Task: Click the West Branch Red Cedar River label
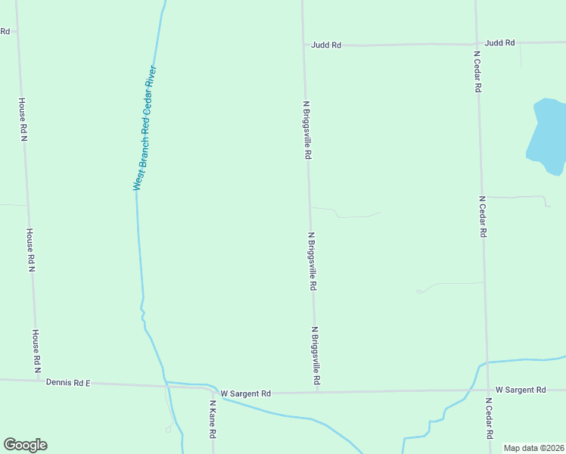145,128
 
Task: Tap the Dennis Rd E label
68,383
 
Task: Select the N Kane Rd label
213,419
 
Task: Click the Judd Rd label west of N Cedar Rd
326,45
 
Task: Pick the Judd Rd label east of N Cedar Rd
500,42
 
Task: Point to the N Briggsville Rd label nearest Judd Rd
306,130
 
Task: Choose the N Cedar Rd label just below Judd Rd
477,71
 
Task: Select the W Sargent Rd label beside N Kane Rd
246,393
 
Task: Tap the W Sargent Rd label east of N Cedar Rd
521,390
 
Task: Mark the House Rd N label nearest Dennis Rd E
36,351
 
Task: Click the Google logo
25,445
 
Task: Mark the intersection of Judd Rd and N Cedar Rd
476,43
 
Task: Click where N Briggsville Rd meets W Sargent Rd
316,392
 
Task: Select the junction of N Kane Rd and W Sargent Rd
210,390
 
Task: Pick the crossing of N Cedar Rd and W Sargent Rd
487,390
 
